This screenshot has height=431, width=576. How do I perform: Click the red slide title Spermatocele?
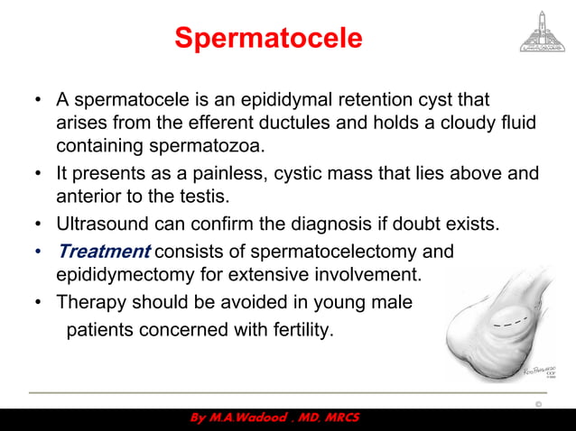pyautogui.click(x=268, y=39)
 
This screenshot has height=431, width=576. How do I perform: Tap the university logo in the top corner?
pyautogui.click(x=539, y=32)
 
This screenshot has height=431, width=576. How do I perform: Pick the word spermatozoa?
pyautogui.click(x=195, y=146)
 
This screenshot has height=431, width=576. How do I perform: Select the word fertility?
pyautogui.click(x=297, y=331)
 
